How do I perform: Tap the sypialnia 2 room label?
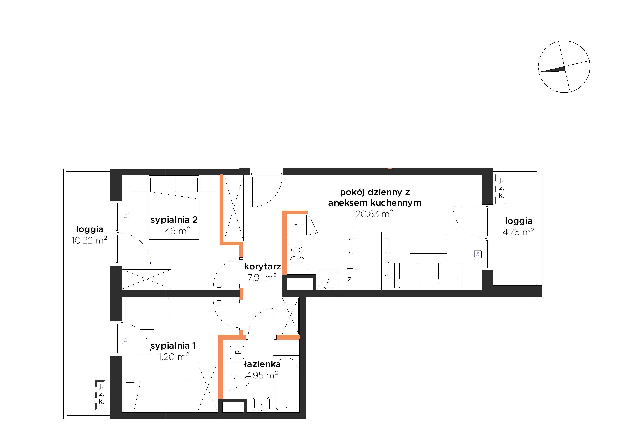coord(174,220)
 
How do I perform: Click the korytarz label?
coord(263,266)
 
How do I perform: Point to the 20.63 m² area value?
coord(374,213)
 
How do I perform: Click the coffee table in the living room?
coord(429,244)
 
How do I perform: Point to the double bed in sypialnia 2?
coord(174,207)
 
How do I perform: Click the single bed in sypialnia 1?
coord(155,396)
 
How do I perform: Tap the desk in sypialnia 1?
coord(147,309)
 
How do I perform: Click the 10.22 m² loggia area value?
coord(89,240)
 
